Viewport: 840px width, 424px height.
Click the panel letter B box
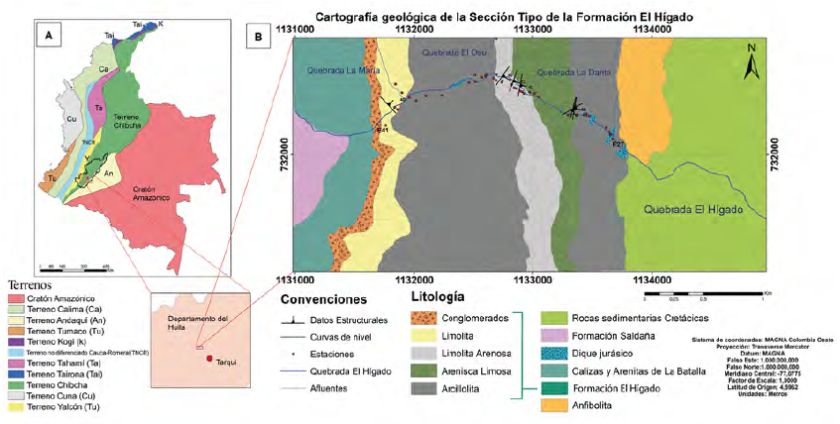tap(259, 36)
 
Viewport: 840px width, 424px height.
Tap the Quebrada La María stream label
tap(336, 68)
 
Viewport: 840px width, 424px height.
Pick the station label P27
tap(617, 145)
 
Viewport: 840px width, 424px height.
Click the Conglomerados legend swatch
tap(429, 318)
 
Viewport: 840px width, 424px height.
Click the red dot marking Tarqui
tap(208, 359)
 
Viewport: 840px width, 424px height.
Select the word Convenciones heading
tap(323, 299)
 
